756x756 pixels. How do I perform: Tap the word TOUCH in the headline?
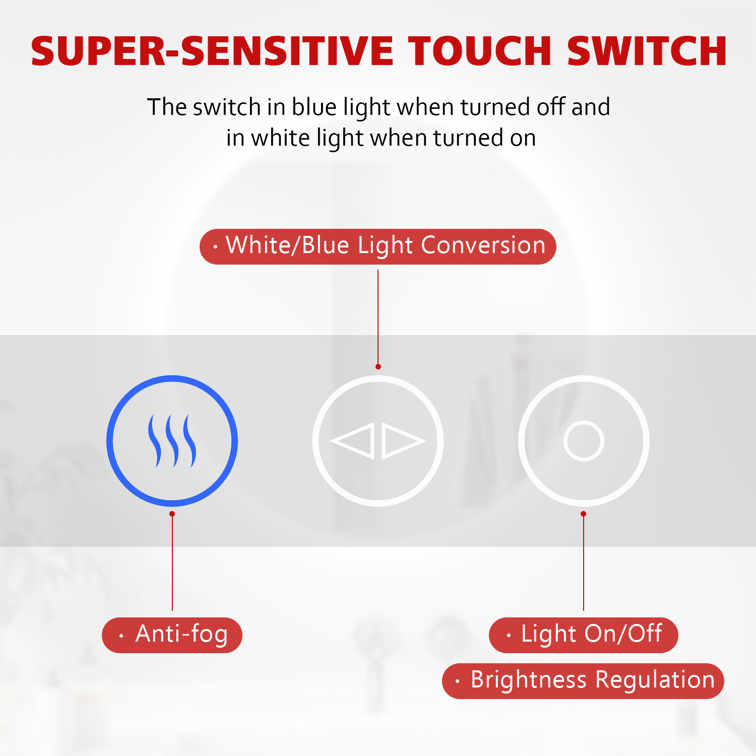pos(480,51)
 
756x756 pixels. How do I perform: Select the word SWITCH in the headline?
pos(647,51)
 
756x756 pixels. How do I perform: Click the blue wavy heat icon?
pos(172,441)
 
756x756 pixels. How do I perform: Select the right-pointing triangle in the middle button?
pos(403,441)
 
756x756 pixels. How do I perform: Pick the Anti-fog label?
pos(172,635)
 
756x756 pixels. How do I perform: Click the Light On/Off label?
pos(583,635)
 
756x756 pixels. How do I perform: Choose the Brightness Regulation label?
pos(583,681)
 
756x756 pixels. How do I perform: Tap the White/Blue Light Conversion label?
pos(378,246)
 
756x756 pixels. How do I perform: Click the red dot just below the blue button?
pos(172,514)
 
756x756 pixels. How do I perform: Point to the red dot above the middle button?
pos(378,366)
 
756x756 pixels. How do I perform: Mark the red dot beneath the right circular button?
pos(583,514)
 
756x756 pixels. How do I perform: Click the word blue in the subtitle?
pos(314,107)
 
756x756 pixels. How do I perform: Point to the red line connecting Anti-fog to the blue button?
pos(172,562)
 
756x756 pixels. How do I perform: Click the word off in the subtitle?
pos(550,107)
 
